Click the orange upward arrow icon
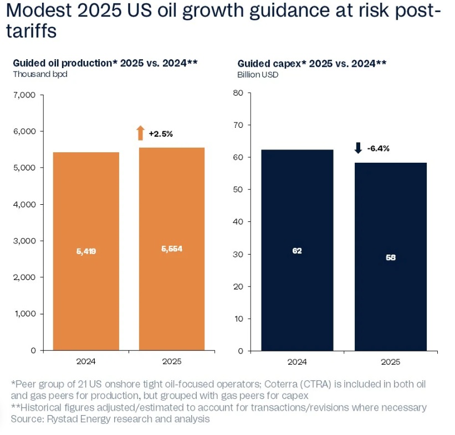[140, 133]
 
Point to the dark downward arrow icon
[358, 148]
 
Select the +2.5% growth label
[161, 134]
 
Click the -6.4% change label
[379, 148]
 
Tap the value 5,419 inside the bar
[86, 251]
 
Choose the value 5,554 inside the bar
[171, 249]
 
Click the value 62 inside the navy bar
[297, 251]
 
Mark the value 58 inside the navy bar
[391, 257]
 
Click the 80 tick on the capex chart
[239, 93]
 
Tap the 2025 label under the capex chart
[391, 362]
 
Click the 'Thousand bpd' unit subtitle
[40, 74]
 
